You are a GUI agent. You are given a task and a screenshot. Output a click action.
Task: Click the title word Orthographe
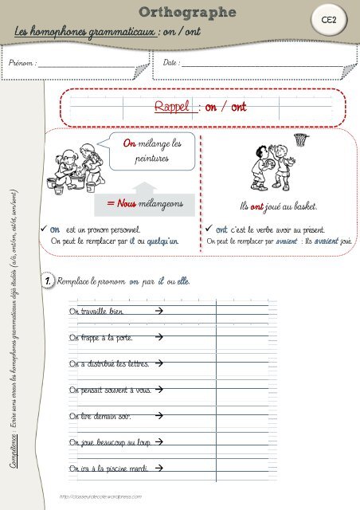(x=187, y=12)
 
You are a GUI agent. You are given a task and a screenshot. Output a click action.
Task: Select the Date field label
(x=170, y=61)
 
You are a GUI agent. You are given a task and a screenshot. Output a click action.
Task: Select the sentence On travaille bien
(x=96, y=310)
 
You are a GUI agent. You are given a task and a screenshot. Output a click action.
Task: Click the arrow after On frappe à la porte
(x=158, y=338)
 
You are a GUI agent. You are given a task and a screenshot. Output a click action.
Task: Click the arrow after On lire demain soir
(x=159, y=416)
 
